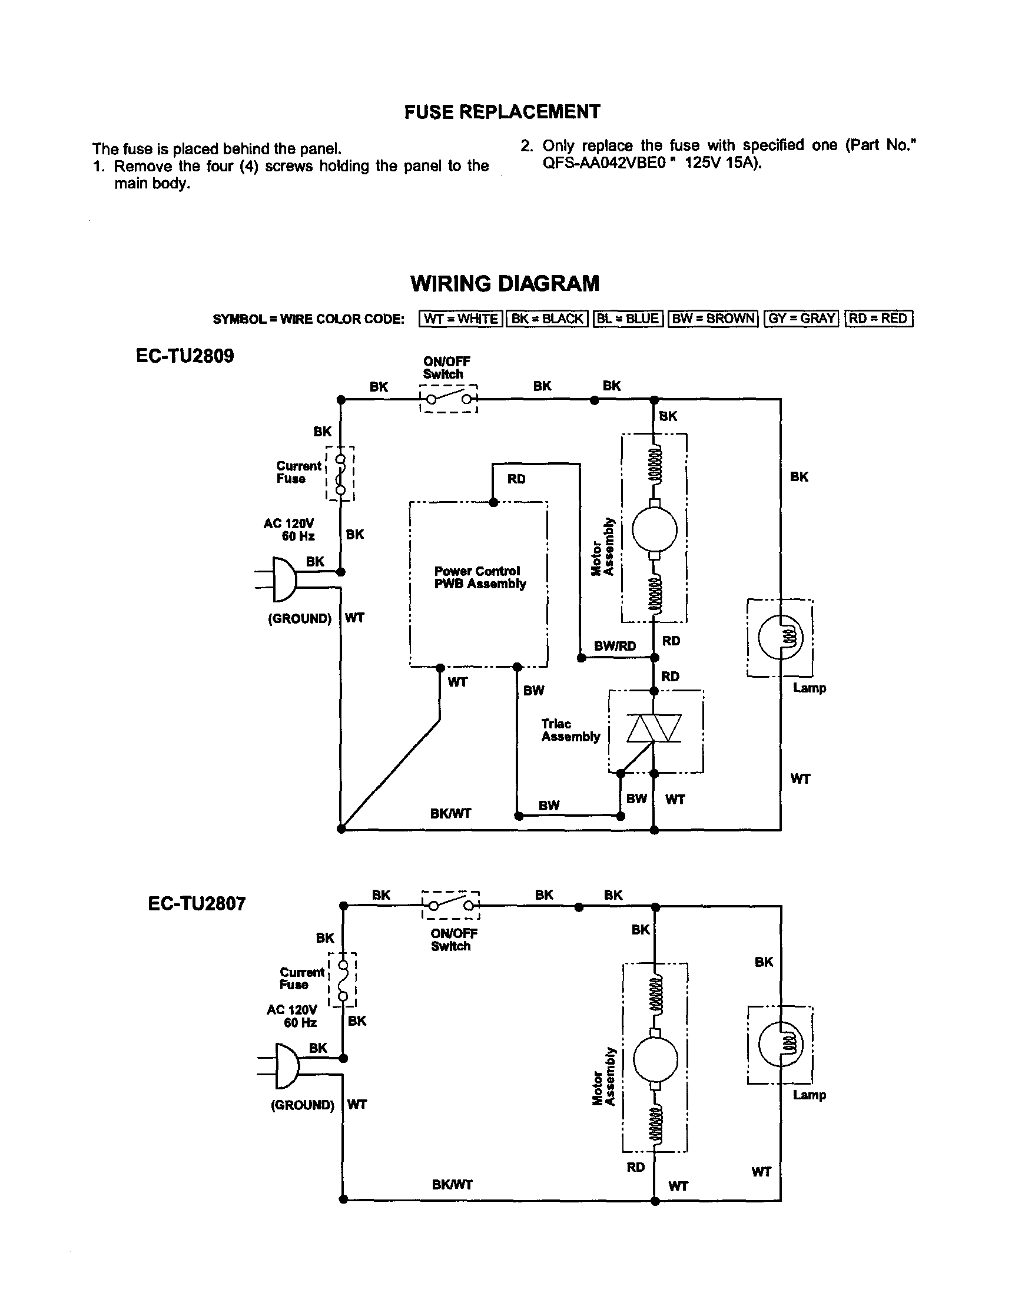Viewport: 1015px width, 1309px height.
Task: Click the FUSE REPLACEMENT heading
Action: (x=502, y=112)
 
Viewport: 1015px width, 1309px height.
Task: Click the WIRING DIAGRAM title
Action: (x=505, y=283)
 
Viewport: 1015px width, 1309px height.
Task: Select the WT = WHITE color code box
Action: (x=460, y=318)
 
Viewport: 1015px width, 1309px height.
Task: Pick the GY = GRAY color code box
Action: (x=801, y=318)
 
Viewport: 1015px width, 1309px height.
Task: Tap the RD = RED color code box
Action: (x=878, y=318)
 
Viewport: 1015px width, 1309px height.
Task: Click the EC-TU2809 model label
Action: (x=184, y=356)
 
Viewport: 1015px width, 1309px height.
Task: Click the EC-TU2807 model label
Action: (x=197, y=903)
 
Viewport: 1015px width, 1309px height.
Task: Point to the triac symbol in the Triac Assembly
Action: (x=654, y=728)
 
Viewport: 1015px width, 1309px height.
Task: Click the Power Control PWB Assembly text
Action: (x=479, y=577)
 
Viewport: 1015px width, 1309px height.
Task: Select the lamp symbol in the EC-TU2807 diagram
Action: (x=780, y=1043)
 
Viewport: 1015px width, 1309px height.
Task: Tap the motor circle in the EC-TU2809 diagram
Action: (x=654, y=529)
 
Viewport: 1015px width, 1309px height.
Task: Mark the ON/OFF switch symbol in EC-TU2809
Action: (x=447, y=399)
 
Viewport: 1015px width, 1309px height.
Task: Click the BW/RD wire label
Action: (x=615, y=645)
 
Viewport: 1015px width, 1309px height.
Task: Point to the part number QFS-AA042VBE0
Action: (x=604, y=163)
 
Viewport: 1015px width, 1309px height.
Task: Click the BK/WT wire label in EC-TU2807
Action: (x=452, y=1185)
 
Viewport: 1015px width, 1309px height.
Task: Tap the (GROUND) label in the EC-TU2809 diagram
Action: (x=300, y=618)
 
